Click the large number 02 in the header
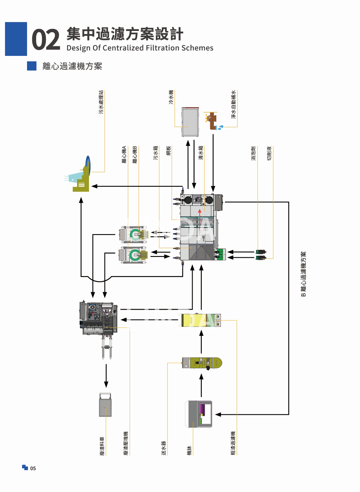coord(46,40)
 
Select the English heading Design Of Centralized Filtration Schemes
coord(140,48)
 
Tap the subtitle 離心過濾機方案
coord(72,66)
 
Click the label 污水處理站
coord(101,102)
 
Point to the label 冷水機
coord(171,97)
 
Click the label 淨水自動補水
coord(233,104)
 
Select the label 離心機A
coord(124,155)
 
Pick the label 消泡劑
coord(254,153)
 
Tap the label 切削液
coord(269,153)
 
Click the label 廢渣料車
coord(102,446)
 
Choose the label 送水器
coord(164,448)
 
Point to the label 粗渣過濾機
coord(233,443)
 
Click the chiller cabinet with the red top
coord(190,121)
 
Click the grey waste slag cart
coord(105,405)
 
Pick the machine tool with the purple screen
coord(199,414)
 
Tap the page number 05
coord(33,468)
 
